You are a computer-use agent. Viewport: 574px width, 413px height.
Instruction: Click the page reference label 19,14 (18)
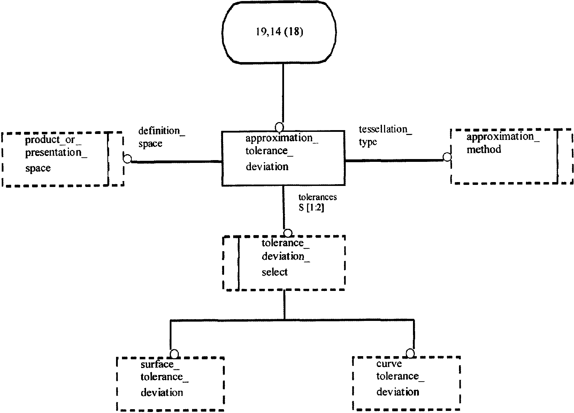(279, 32)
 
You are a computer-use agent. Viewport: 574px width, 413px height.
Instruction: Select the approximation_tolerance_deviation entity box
(283, 158)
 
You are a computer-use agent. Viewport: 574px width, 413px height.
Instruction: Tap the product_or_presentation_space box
(63, 159)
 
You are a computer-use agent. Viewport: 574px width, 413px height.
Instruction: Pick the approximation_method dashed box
(512, 157)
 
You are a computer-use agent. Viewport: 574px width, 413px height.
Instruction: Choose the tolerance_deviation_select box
(284, 263)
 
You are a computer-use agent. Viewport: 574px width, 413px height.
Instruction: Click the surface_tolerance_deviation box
(170, 384)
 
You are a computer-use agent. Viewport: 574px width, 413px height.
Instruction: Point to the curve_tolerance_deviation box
(407, 383)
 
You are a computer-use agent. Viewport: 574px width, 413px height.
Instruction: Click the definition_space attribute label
(162, 137)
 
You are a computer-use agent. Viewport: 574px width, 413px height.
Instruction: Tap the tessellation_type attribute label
(385, 135)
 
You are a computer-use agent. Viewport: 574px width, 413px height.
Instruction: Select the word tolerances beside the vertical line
(317, 197)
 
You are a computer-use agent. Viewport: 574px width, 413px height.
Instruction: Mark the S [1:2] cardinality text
(311, 208)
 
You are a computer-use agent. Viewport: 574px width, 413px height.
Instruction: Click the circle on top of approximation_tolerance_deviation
(279, 127)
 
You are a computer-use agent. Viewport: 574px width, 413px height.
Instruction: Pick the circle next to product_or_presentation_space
(127, 159)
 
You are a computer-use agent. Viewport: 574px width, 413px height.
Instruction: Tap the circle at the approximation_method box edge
(447, 157)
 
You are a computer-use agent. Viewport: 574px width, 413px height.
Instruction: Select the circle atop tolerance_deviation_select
(288, 233)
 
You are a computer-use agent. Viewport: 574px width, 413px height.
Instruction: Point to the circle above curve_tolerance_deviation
(410, 353)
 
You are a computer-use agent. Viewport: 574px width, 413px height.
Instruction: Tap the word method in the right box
(484, 150)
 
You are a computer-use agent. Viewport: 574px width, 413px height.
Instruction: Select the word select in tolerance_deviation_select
(275, 272)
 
